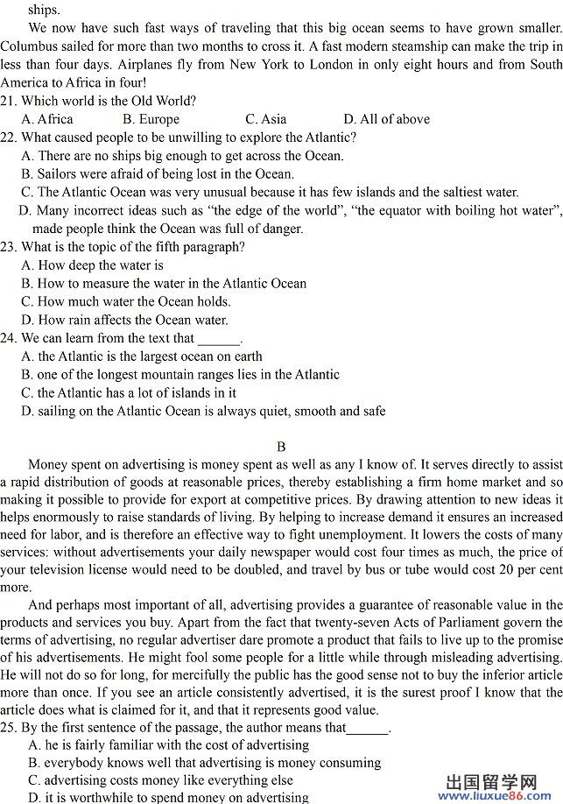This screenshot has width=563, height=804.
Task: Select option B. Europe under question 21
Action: pos(151,119)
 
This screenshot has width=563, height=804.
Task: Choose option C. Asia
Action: pos(265,119)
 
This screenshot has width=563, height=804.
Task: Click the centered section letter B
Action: pos(281,447)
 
